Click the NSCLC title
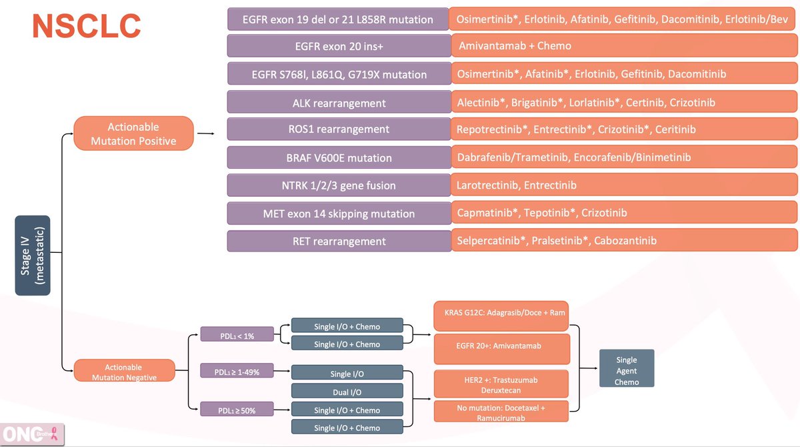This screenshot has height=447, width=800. tap(87, 26)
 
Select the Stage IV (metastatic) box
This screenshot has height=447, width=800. tap(33, 255)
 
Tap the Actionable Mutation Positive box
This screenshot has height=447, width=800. tap(133, 133)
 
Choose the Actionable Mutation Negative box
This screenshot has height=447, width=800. tap(124, 372)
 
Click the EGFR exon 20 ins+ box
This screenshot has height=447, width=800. tap(338, 46)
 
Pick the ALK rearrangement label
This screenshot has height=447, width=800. tap(338, 103)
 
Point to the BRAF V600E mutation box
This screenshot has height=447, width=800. tap(338, 157)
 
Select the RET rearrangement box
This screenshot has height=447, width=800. tap(338, 241)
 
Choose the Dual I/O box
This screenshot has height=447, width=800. tap(347, 391)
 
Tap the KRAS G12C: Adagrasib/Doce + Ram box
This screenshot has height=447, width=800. tap(501, 313)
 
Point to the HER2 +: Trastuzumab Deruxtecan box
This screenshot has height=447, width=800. tap(501, 384)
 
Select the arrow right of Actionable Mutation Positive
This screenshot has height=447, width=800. tap(207, 133)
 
